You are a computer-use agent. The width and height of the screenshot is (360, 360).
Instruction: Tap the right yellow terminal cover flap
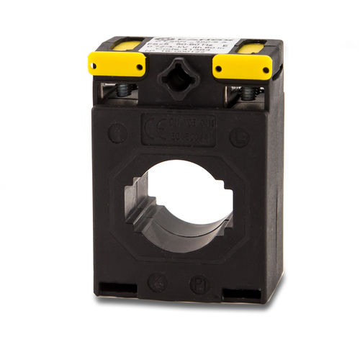tap(241, 66)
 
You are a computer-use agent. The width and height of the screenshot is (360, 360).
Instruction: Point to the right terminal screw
tap(247, 93)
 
